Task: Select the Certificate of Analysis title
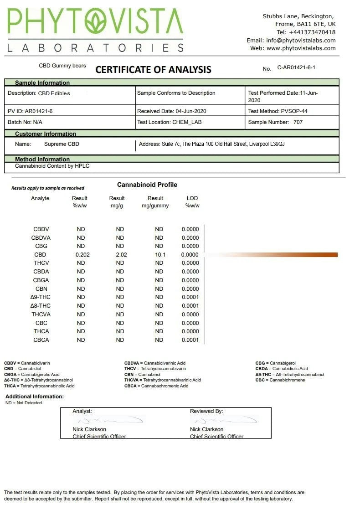click(x=153, y=70)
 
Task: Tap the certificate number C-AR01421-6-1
click(x=296, y=67)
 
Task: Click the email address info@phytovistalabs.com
click(x=301, y=40)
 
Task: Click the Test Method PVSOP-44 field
click(x=278, y=111)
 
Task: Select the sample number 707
click(x=298, y=122)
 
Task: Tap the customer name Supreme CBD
click(x=62, y=144)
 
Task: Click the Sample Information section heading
click(x=42, y=83)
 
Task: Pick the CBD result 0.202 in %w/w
click(x=82, y=255)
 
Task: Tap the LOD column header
click(x=192, y=198)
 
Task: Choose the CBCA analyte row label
click(x=41, y=340)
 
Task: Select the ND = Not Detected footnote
click(x=24, y=403)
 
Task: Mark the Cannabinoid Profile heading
click(x=147, y=185)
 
